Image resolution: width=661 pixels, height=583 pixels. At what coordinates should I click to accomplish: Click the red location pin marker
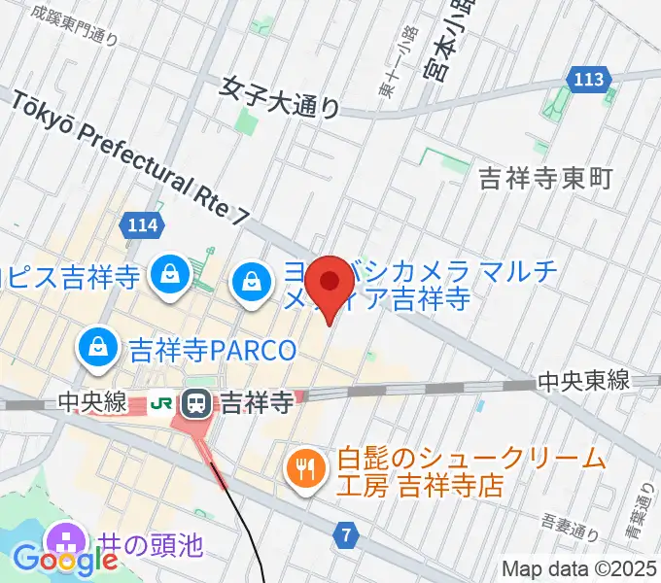pos(330,285)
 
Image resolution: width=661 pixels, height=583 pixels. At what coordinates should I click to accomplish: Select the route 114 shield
pos(142,226)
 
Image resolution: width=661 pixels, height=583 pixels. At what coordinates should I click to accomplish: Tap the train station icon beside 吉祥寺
pos(198,400)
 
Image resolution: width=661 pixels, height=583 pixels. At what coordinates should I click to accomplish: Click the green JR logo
pos(162,400)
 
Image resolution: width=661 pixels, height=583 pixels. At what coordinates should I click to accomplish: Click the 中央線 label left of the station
pos(92,401)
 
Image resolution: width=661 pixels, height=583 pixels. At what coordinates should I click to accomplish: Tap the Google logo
pos(65,561)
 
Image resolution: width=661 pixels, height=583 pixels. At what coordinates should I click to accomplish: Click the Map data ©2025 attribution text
pos(579,567)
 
